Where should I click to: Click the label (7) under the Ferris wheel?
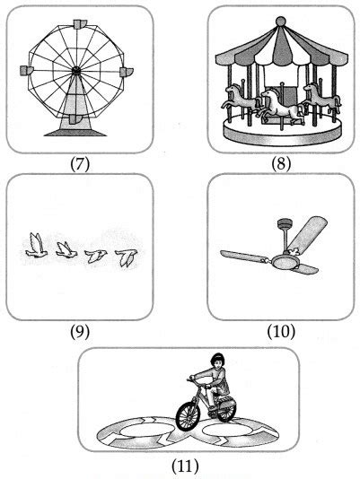point(75,164)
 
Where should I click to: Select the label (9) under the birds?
point(79,331)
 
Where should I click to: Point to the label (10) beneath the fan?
point(278,331)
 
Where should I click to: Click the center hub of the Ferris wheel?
point(75,69)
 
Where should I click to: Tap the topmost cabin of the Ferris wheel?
point(75,21)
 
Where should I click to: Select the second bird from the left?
point(66,249)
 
